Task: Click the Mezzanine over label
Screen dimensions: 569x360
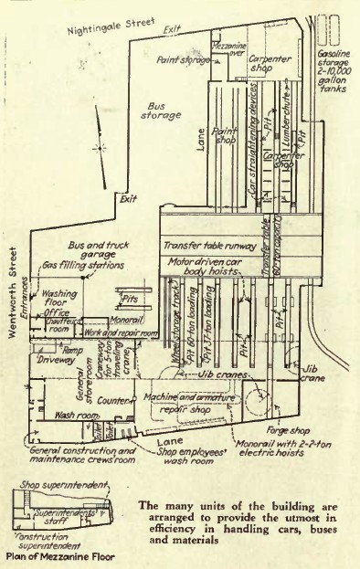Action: (x=227, y=47)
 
